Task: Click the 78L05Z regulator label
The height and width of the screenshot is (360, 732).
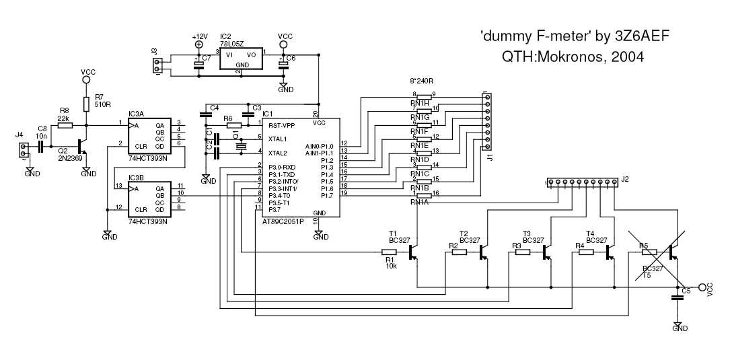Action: [232, 42]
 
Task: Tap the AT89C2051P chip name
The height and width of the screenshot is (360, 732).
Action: [283, 221]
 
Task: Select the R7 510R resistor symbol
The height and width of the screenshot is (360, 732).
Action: [86, 104]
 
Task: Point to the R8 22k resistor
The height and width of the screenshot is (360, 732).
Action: [64, 124]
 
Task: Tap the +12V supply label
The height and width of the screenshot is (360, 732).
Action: [200, 36]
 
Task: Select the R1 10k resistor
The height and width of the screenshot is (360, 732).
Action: [389, 253]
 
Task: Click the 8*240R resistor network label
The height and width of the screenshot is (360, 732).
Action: [422, 81]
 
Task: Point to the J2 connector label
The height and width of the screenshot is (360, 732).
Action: [625, 179]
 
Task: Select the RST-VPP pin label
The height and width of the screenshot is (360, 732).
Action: [282, 125]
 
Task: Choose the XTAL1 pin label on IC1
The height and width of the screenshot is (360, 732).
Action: [278, 139]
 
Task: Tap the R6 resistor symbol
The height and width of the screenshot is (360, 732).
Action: [233, 126]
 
